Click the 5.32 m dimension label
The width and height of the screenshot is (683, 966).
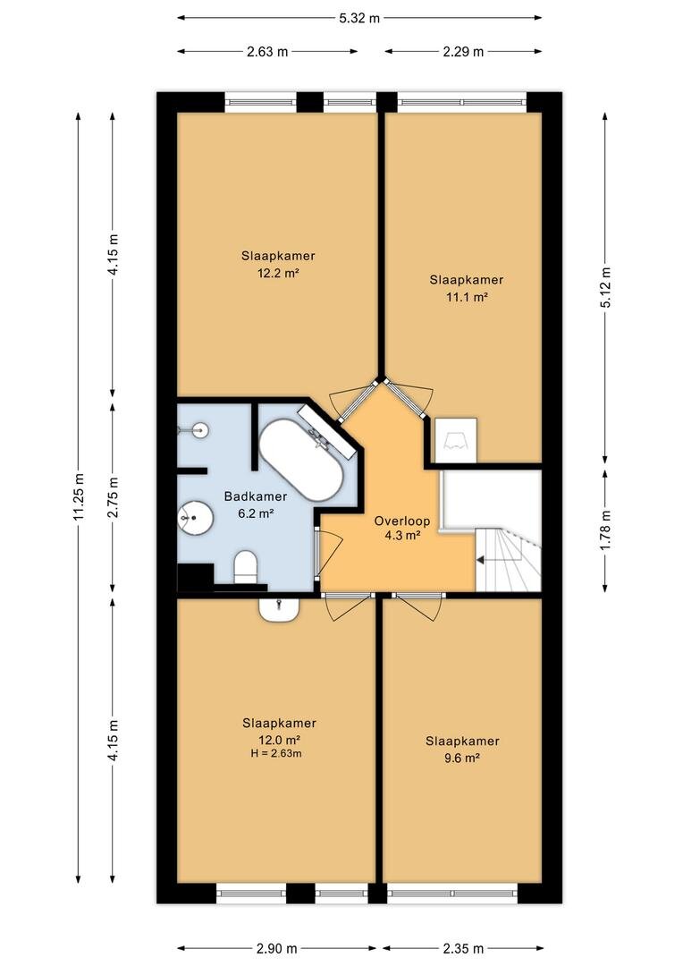click(359, 18)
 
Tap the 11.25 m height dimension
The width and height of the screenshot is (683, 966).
click(78, 497)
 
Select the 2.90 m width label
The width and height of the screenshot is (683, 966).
click(276, 948)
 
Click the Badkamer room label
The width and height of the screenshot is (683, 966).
click(256, 496)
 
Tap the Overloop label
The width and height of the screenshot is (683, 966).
click(402, 521)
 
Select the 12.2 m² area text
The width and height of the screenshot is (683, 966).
click(278, 273)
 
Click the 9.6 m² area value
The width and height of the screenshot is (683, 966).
click(462, 758)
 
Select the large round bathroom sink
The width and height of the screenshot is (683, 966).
click(195, 517)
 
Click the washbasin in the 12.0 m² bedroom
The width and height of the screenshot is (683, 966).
click(279, 610)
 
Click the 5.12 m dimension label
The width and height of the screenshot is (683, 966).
click(605, 288)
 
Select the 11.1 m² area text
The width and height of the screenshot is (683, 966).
click(467, 297)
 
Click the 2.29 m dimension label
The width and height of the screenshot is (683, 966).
click(463, 52)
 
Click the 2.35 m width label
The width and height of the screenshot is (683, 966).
click(463, 948)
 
